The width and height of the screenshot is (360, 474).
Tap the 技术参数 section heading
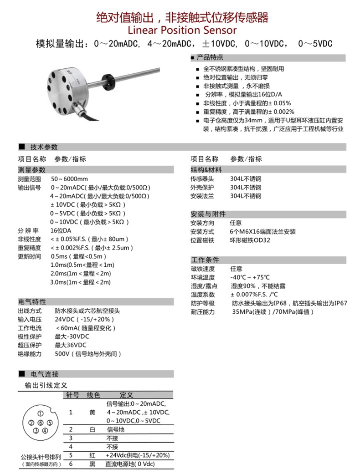[x=44, y=147]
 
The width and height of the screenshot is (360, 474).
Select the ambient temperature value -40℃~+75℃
[x=250, y=277]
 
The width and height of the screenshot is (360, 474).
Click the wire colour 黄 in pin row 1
[x=93, y=412]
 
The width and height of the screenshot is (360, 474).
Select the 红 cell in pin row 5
[x=93, y=455]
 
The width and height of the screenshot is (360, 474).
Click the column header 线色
[x=93, y=394]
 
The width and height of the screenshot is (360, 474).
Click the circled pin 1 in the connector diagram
[x=40, y=414]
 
